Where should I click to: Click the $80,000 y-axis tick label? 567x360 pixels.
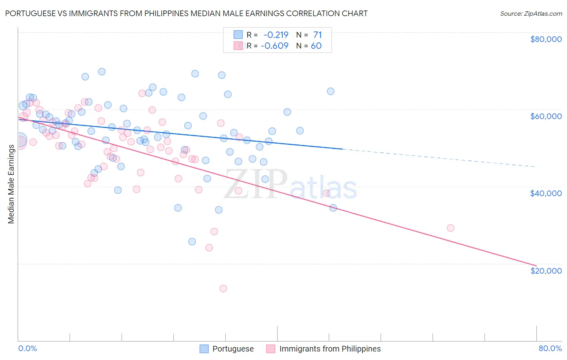click(546, 39)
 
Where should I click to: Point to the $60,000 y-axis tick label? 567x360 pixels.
click(546, 116)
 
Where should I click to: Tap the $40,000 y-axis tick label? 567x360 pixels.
click(546, 193)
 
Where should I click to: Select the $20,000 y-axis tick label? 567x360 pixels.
click(546, 270)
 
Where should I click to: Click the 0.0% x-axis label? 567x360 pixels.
click(27, 348)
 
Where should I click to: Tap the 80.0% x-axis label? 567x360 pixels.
click(550, 348)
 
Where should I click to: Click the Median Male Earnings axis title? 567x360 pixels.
click(11, 184)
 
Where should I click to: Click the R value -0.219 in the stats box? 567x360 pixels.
click(276, 35)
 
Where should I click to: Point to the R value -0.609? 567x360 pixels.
click(275, 46)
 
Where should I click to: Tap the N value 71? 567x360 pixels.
click(317, 35)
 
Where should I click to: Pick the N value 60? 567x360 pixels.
click(316, 46)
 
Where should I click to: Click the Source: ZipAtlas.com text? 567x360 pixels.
click(531, 13)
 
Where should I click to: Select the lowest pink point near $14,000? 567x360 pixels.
click(223, 289)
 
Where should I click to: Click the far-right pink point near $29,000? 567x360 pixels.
click(450, 228)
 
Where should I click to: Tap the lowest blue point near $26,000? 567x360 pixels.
click(192, 242)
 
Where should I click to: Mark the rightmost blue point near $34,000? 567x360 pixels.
click(333, 208)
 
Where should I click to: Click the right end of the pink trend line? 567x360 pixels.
click(536, 265)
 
